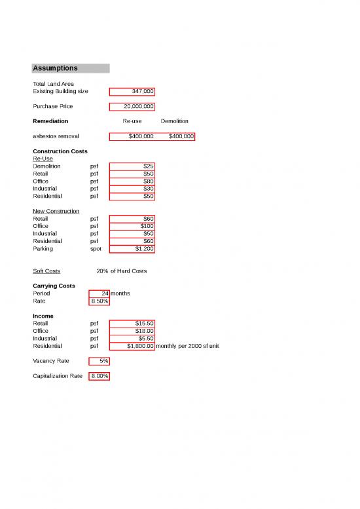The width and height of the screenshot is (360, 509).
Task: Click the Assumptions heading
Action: coord(56,68)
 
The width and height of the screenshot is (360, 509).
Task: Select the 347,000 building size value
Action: coord(132,92)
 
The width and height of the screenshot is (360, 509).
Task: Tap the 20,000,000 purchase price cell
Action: coord(132,106)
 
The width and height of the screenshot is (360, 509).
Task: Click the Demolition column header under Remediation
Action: coord(174,121)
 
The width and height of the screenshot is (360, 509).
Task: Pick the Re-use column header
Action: coord(132,121)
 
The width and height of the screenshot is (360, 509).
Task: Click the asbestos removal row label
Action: coord(56,136)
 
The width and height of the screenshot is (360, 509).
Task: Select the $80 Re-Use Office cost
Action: coord(132,181)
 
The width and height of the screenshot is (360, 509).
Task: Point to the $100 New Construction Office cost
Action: coord(132,226)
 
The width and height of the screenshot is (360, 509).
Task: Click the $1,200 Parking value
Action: coord(132,249)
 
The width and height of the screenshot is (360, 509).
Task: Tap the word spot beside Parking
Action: coord(96,249)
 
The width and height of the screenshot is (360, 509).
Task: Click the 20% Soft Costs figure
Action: coord(102,271)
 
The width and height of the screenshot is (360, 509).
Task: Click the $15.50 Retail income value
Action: coord(132,324)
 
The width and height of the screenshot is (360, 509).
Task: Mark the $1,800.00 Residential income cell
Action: coord(132,346)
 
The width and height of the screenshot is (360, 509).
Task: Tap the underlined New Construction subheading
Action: coord(56,212)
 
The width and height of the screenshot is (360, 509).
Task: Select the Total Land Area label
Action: coord(53,84)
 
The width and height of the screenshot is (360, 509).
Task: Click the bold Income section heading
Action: coord(43,316)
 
